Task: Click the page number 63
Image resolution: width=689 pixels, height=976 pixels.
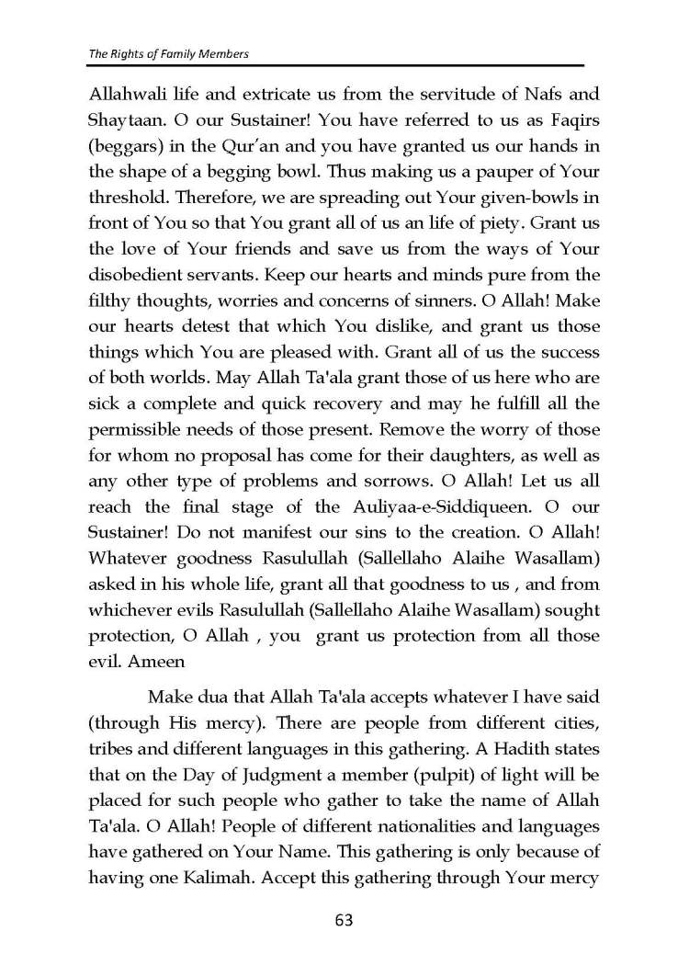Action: (x=344, y=919)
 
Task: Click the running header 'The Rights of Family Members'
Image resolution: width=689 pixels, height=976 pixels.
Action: (x=169, y=54)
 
